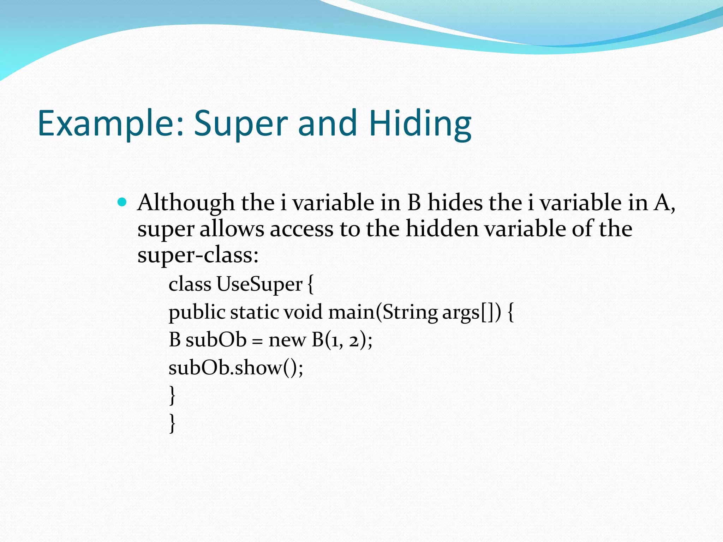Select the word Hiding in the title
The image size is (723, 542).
pyautogui.click(x=420, y=124)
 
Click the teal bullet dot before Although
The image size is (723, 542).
pyautogui.click(x=122, y=202)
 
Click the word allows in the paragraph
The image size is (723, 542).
pyautogui.click(x=232, y=229)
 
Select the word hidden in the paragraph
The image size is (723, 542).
pyautogui.click(x=442, y=229)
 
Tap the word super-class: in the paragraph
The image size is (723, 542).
pyautogui.click(x=198, y=255)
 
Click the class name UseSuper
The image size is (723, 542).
pyautogui.click(x=259, y=284)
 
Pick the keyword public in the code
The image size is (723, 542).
pyautogui.click(x=197, y=313)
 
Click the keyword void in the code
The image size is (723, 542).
pyautogui.click(x=303, y=313)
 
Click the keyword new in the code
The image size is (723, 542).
pyautogui.click(x=287, y=340)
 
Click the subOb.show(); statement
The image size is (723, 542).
pyautogui.click(x=236, y=368)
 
